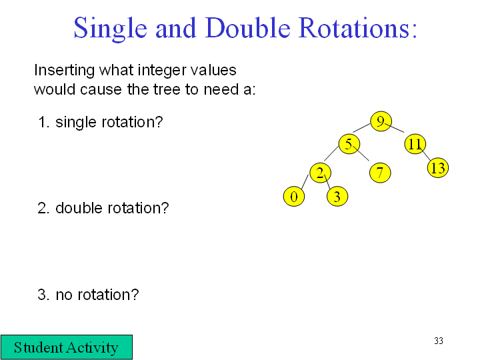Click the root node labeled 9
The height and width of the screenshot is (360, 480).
[x=381, y=121]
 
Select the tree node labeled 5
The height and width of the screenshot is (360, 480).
[x=349, y=144]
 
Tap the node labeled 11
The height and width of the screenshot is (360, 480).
[x=415, y=144]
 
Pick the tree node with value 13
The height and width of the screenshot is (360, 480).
[x=438, y=168]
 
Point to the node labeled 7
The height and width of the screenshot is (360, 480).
[x=380, y=173]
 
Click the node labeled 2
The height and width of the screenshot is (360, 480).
[x=321, y=173]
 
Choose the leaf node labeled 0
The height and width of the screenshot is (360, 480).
[x=294, y=196]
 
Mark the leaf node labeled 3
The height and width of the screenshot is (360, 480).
[x=337, y=196]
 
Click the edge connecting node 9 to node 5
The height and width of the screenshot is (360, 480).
[x=361, y=128]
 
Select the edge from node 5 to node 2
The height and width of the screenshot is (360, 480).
[x=331, y=153]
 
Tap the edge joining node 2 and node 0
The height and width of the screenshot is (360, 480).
[x=305, y=182]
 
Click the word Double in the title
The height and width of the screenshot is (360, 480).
[x=247, y=28]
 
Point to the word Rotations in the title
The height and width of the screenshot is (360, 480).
[x=357, y=28]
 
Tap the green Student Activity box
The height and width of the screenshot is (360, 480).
[x=67, y=347]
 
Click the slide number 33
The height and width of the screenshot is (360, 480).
[x=439, y=341]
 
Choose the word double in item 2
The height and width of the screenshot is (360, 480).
[x=81, y=208]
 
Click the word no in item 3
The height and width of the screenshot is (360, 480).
[x=64, y=295]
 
